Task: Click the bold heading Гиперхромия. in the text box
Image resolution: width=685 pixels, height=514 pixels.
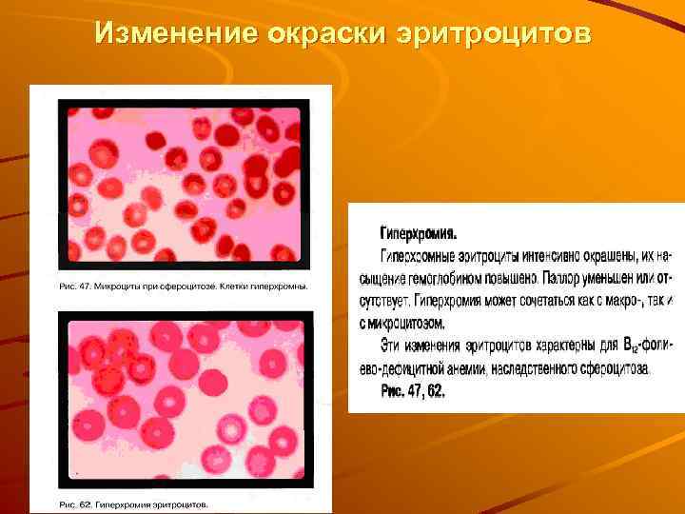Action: (419, 232)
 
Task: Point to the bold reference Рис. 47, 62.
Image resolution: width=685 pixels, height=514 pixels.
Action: (413, 391)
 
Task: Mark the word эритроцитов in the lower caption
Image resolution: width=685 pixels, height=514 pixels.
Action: (181, 504)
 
